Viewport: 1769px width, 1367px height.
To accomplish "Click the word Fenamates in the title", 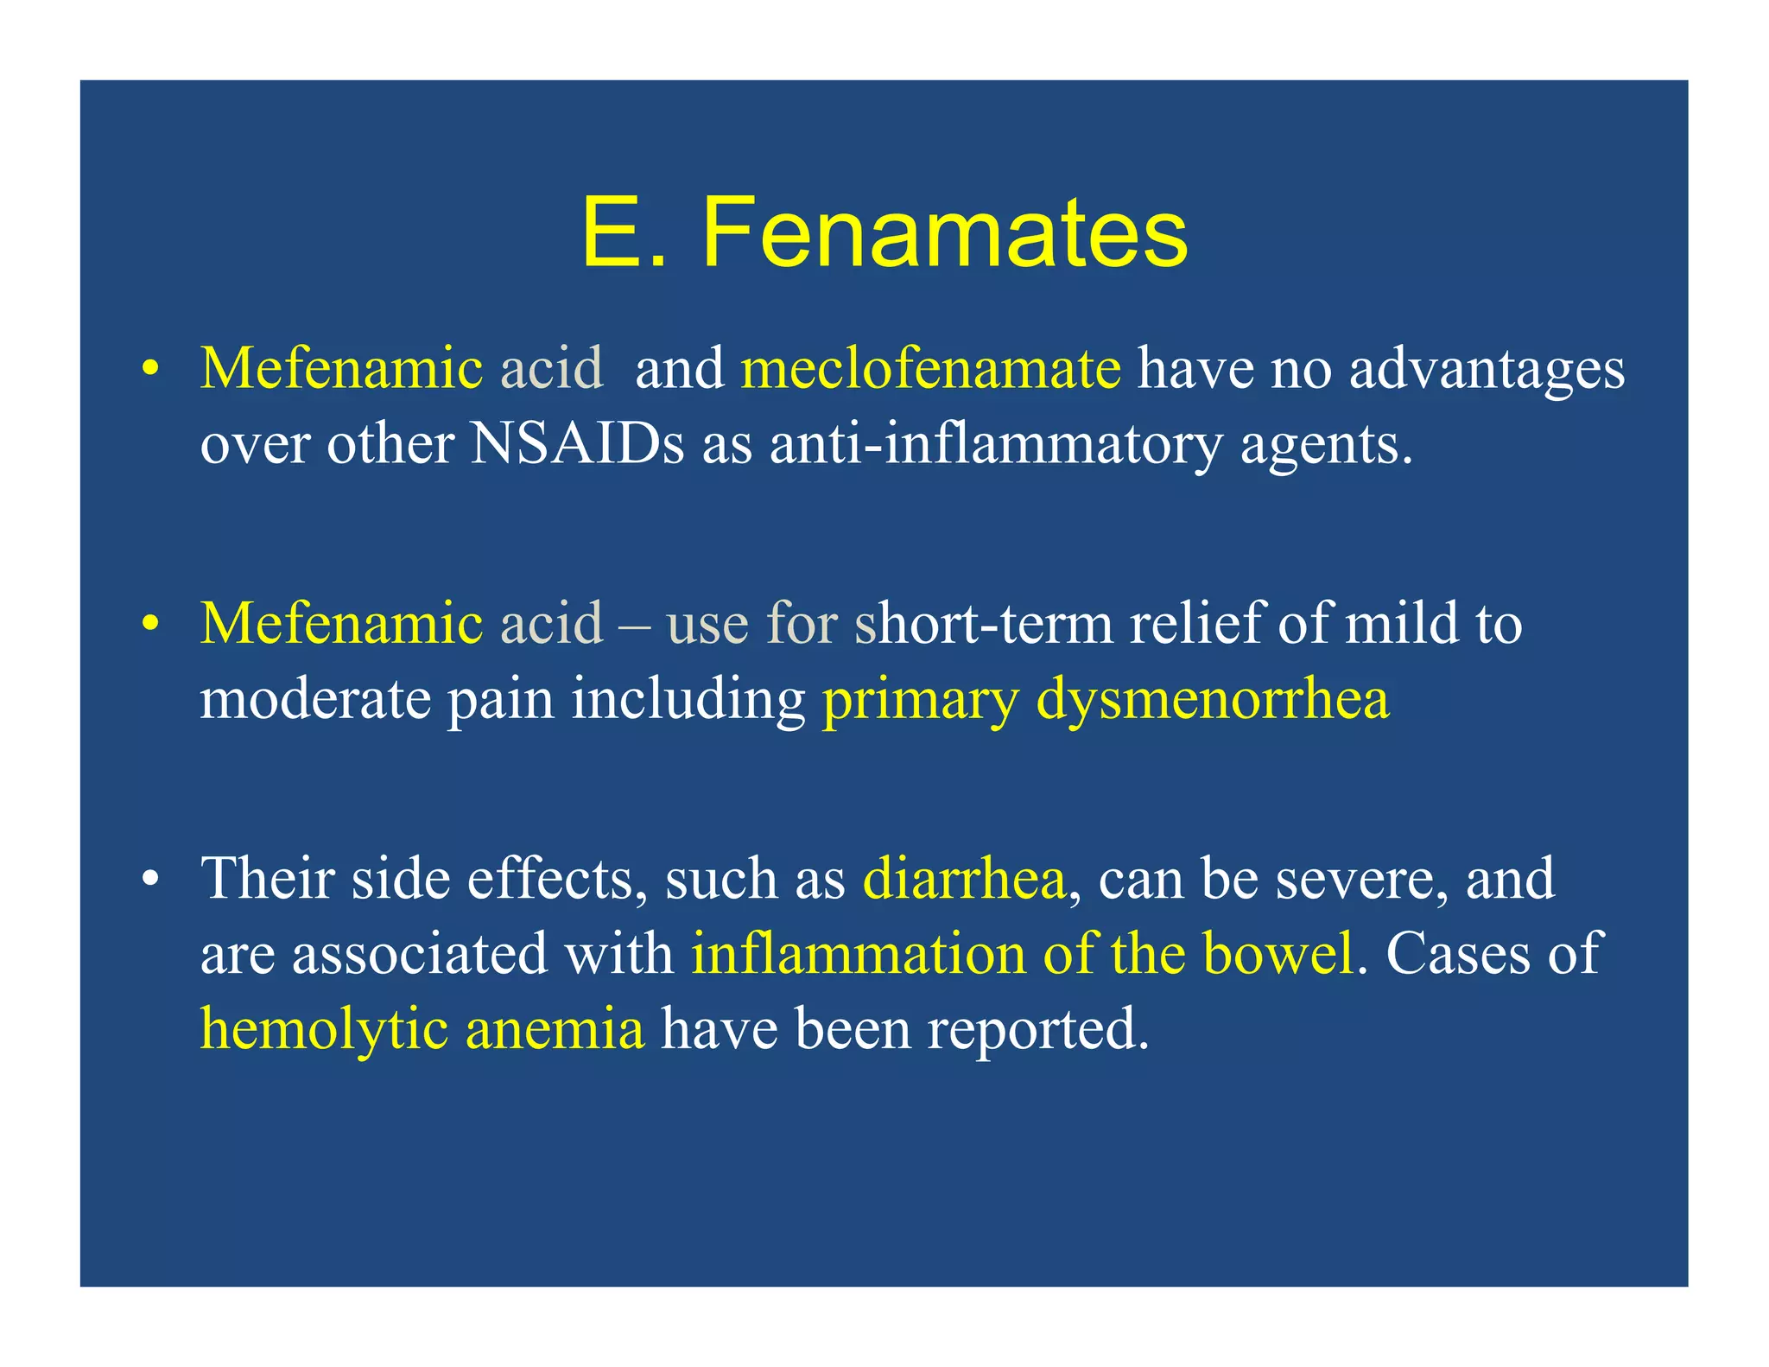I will click(945, 233).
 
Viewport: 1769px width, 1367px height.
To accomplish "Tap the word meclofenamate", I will click(930, 368).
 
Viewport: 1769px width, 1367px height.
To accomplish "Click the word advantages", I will click(1487, 370).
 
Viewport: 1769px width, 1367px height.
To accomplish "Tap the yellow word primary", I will click(921, 700).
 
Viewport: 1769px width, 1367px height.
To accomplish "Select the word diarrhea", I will click(964, 878).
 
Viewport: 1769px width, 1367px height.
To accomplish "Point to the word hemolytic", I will click(324, 1030).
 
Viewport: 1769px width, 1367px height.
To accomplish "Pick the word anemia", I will click(555, 1030).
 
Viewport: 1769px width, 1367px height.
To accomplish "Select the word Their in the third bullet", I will click(267, 878).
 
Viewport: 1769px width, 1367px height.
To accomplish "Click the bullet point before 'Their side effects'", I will click(150, 880).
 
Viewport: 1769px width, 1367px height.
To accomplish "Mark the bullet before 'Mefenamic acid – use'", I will click(150, 624).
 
